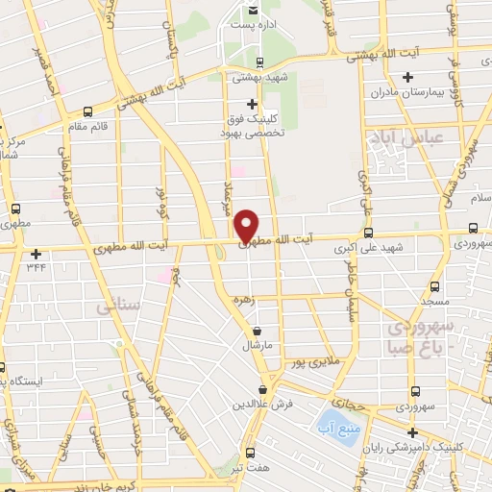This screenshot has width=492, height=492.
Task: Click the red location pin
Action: point(247,225)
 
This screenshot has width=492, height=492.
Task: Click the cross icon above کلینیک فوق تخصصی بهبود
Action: point(253,104)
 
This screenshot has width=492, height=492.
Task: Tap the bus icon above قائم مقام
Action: point(89,111)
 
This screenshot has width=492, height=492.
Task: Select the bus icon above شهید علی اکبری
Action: point(369,232)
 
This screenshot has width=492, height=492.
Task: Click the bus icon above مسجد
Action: point(434,286)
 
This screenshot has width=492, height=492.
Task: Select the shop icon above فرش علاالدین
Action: point(263,388)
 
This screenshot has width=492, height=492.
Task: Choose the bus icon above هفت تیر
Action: point(250,452)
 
